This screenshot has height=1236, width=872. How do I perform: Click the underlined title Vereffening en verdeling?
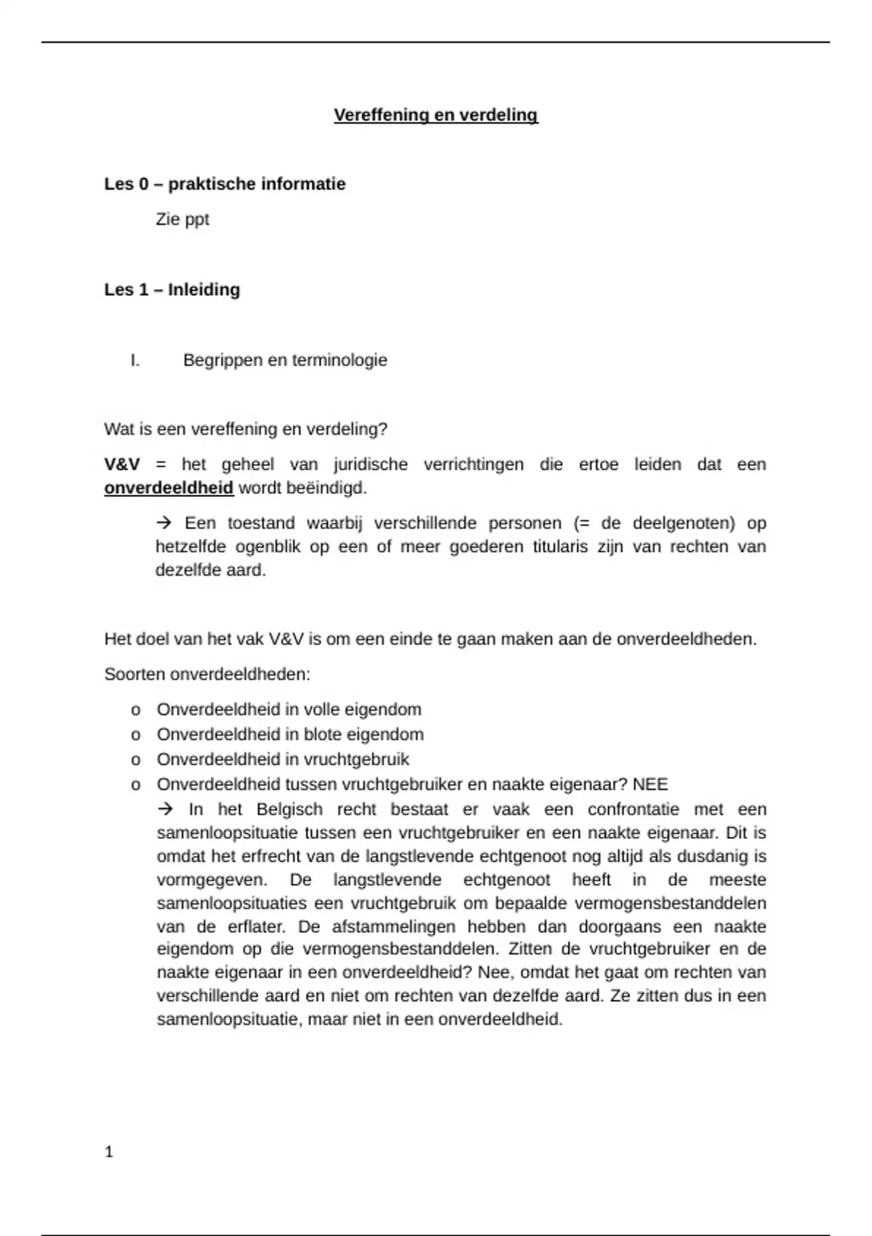pos(435,115)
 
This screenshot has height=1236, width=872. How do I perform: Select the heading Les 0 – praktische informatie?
pos(225,184)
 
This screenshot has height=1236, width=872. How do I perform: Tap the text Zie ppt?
pos(182,219)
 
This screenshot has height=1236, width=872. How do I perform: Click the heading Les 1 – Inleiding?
pos(171,289)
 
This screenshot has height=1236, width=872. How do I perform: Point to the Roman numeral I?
pos(135,360)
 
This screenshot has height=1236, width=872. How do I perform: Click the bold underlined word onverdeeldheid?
pos(169,488)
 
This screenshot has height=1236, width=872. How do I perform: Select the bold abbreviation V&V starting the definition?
pos(122,464)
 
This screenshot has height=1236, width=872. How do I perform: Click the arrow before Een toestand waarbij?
pos(163,523)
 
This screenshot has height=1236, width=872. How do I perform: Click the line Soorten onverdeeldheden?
pos(207,674)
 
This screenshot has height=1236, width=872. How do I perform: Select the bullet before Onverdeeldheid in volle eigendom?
pos(135,710)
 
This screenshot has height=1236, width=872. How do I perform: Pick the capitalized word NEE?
pos(650,784)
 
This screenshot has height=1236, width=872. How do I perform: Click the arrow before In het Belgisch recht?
pos(166,808)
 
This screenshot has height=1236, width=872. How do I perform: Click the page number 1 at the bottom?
pos(109,1152)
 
